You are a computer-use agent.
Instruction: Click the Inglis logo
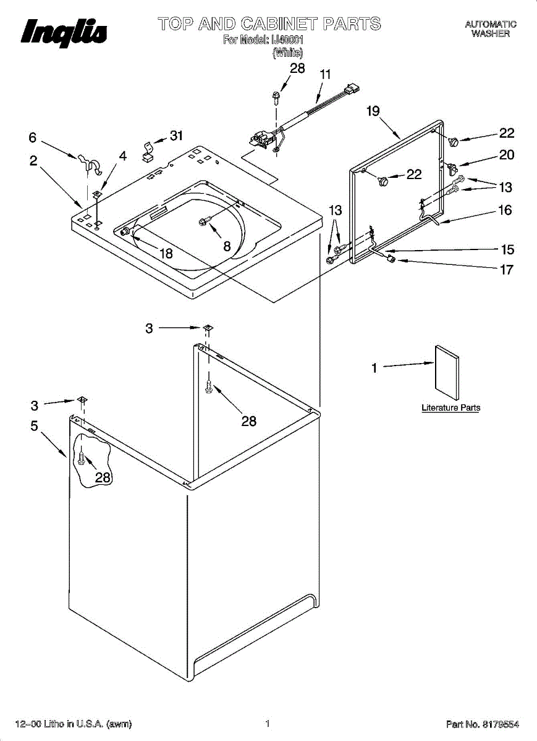pyautogui.click(x=64, y=31)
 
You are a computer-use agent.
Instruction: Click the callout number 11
pyautogui.click(x=325, y=74)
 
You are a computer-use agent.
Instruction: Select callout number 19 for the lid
pyautogui.click(x=373, y=112)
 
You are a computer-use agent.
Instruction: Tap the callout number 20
pyautogui.click(x=506, y=155)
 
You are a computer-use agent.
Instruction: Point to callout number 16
pyautogui.click(x=505, y=211)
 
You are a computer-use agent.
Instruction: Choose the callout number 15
pyautogui.click(x=507, y=249)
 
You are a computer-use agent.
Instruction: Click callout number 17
pyautogui.click(x=505, y=269)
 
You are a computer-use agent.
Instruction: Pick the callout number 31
pyautogui.click(x=177, y=136)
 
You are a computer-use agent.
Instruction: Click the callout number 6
pyautogui.click(x=33, y=138)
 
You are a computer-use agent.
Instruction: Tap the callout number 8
pyautogui.click(x=227, y=245)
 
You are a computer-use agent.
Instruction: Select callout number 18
pyautogui.click(x=165, y=253)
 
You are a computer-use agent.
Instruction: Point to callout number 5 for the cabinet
pyautogui.click(x=34, y=425)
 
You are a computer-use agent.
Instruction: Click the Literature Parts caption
pyautogui.click(x=450, y=408)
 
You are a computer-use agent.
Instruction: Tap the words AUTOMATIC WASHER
pyautogui.click(x=491, y=29)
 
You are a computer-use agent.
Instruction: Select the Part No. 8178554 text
pyautogui.click(x=482, y=724)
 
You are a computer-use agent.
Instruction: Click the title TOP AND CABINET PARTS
pyautogui.click(x=269, y=24)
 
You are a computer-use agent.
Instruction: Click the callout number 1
pyautogui.click(x=374, y=369)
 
